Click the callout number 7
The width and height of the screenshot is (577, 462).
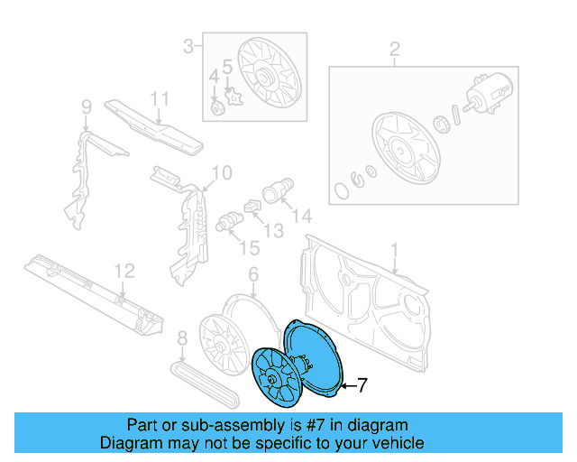coord(362,386)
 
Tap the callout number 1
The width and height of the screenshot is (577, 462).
coord(393,247)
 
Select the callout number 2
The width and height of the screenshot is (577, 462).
coord(394,49)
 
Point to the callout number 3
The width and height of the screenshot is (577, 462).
coord(188,45)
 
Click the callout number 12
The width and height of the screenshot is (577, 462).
coord(123,270)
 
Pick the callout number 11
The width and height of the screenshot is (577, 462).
coord(160,98)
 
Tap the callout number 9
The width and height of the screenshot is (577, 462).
coord(87,108)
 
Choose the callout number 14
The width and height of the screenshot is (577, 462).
coord(302,216)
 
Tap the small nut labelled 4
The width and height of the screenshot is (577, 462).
coord(217,109)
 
